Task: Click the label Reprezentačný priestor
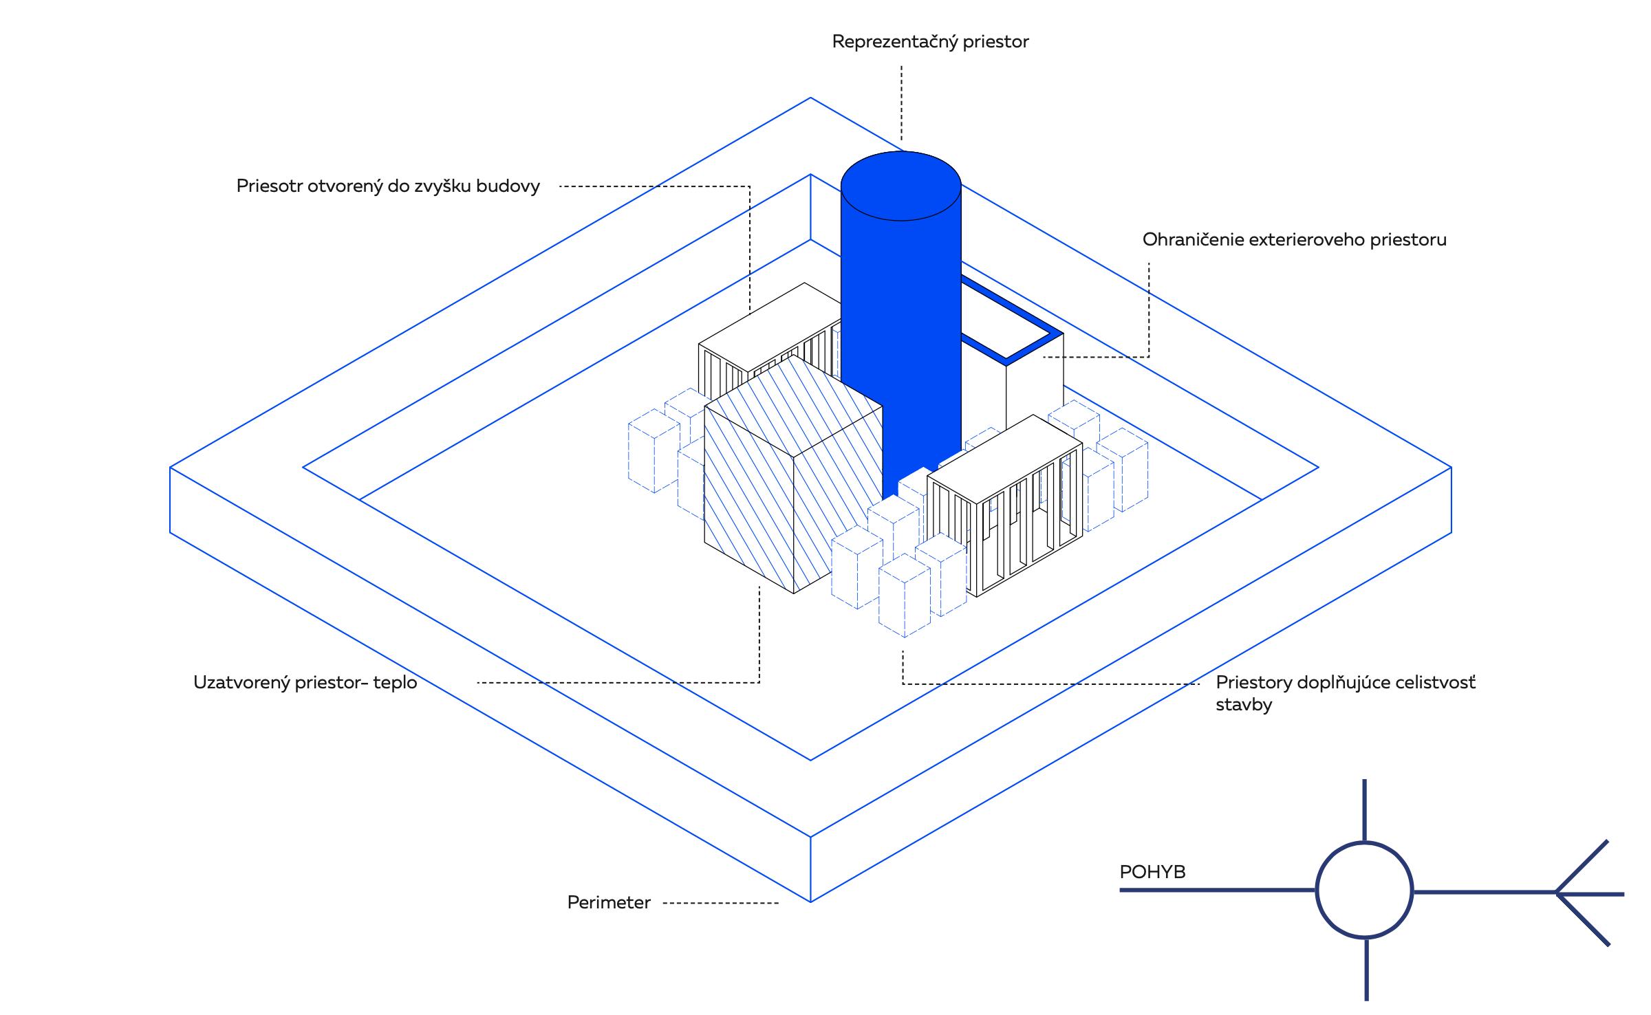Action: pos(930,42)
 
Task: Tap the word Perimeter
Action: pos(609,902)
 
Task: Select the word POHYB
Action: pos(1152,872)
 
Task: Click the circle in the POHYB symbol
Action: pos(1364,890)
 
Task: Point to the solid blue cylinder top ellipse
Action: pos(900,186)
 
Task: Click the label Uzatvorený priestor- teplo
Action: pos(305,683)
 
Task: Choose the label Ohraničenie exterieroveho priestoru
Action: pos(1294,240)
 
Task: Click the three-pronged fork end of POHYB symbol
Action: pos(1582,893)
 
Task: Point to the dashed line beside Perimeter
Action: pos(720,903)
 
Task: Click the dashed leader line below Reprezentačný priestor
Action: pos(901,103)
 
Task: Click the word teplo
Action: pos(395,683)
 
